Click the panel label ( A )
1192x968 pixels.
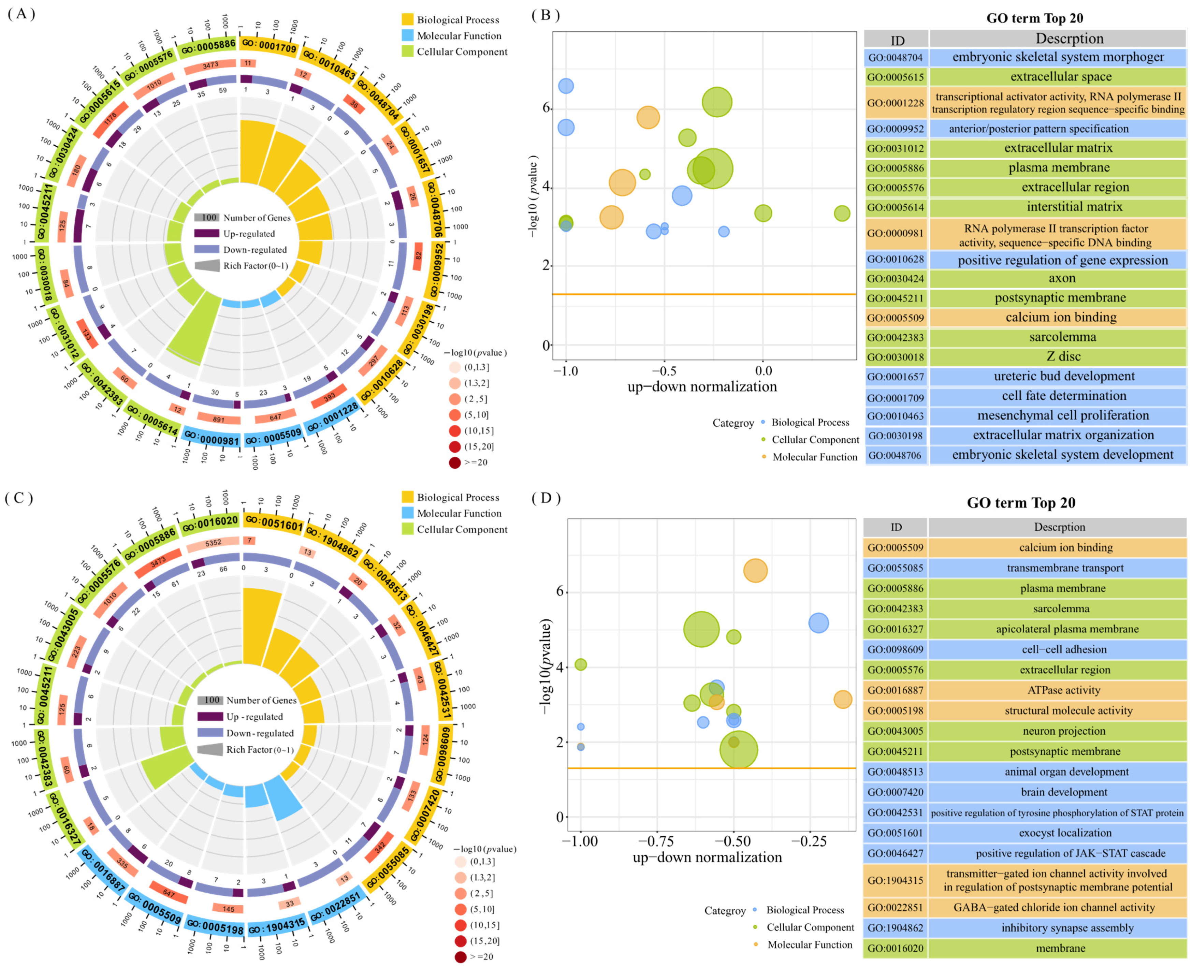21,13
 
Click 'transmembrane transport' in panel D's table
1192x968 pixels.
1065,568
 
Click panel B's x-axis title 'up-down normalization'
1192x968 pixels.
702,386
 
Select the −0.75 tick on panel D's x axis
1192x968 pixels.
656,841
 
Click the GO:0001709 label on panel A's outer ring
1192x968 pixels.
269,46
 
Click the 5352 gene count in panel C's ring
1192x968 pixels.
213,543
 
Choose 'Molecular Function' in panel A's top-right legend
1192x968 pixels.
459,36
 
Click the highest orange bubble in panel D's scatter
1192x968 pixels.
755,570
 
